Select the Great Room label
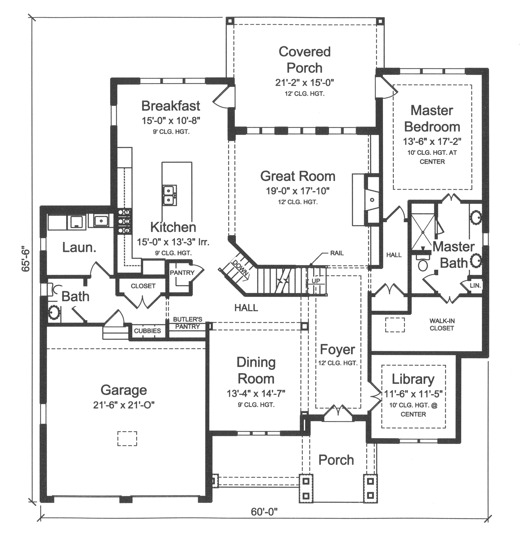298,176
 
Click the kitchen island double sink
169,195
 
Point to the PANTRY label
182,273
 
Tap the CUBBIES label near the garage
147,331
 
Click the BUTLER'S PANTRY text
187,323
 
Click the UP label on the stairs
316,281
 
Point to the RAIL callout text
337,253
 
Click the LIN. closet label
475,285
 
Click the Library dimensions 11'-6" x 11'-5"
413,394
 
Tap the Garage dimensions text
124,405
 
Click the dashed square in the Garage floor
127,438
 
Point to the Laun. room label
79,247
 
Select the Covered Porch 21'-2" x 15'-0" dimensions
304,82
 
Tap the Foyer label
337,350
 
